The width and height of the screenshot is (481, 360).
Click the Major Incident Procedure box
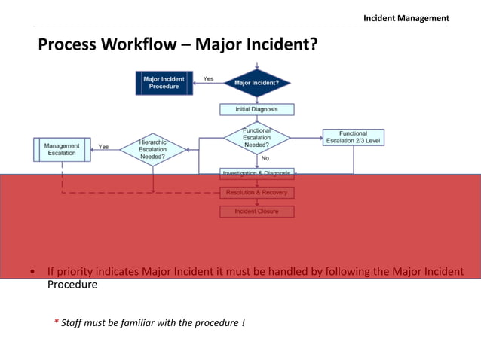point(164,82)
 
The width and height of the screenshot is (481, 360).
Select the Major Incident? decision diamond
point(256,82)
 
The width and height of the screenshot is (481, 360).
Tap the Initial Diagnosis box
point(256,109)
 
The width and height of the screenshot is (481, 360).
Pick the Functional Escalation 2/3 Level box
point(353,138)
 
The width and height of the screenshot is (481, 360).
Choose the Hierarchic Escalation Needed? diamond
point(152,148)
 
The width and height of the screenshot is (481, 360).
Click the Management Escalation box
point(62,149)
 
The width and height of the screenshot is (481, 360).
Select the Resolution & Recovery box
point(256,193)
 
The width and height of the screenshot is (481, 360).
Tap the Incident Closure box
point(256,212)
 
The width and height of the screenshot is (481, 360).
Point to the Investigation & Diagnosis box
point(256,173)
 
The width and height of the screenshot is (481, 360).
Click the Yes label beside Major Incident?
point(208,78)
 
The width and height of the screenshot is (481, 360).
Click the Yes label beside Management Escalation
point(103,147)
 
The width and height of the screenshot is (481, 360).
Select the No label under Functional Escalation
point(265,159)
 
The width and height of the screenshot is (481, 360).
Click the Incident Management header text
point(406,18)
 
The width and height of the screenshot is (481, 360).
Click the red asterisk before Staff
point(56,323)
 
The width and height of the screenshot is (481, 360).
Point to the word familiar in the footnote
point(151,323)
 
